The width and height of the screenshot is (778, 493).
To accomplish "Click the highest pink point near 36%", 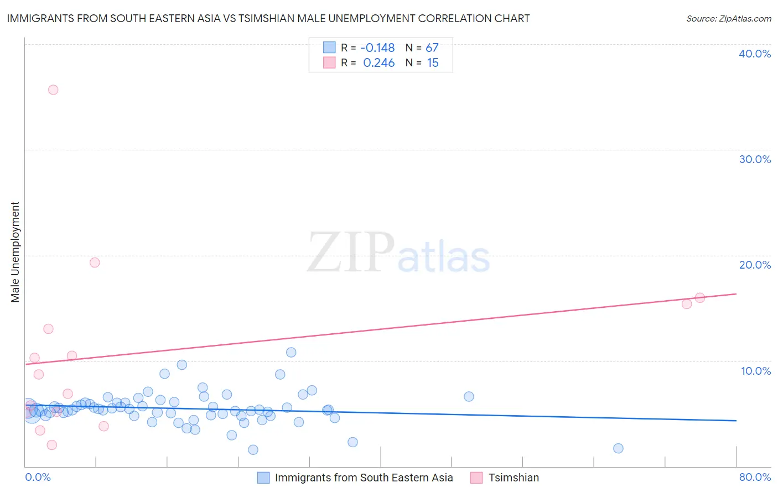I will click(x=53, y=90).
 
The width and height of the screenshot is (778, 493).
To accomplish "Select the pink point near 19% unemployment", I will click(x=95, y=263).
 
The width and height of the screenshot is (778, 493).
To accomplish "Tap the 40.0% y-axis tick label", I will click(x=755, y=54).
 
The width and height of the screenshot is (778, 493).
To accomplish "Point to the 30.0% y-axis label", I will click(x=755, y=159).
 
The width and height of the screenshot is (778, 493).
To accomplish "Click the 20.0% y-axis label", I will click(x=755, y=265).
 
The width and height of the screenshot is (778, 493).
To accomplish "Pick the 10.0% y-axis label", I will click(x=756, y=371).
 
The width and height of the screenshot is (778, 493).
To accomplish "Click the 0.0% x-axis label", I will click(x=38, y=477).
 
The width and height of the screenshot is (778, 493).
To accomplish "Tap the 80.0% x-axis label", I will click(x=755, y=477).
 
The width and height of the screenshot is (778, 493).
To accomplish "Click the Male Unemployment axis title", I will click(x=15, y=252).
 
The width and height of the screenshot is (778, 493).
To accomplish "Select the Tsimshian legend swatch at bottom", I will click(x=476, y=478).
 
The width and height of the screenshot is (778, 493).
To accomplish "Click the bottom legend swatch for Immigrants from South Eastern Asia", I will click(x=263, y=478).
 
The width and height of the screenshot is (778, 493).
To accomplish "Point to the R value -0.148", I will click(x=377, y=48).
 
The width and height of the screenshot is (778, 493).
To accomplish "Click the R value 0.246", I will click(x=379, y=63).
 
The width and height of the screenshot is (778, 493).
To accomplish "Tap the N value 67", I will click(x=432, y=48).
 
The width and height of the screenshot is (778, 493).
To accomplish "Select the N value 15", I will click(x=433, y=63).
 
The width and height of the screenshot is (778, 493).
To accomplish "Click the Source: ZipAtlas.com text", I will click(x=728, y=19).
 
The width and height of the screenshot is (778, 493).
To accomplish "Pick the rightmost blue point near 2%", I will click(x=618, y=448).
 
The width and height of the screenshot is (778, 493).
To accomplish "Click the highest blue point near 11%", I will click(x=291, y=352).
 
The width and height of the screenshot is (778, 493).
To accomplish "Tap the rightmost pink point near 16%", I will click(x=699, y=298).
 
